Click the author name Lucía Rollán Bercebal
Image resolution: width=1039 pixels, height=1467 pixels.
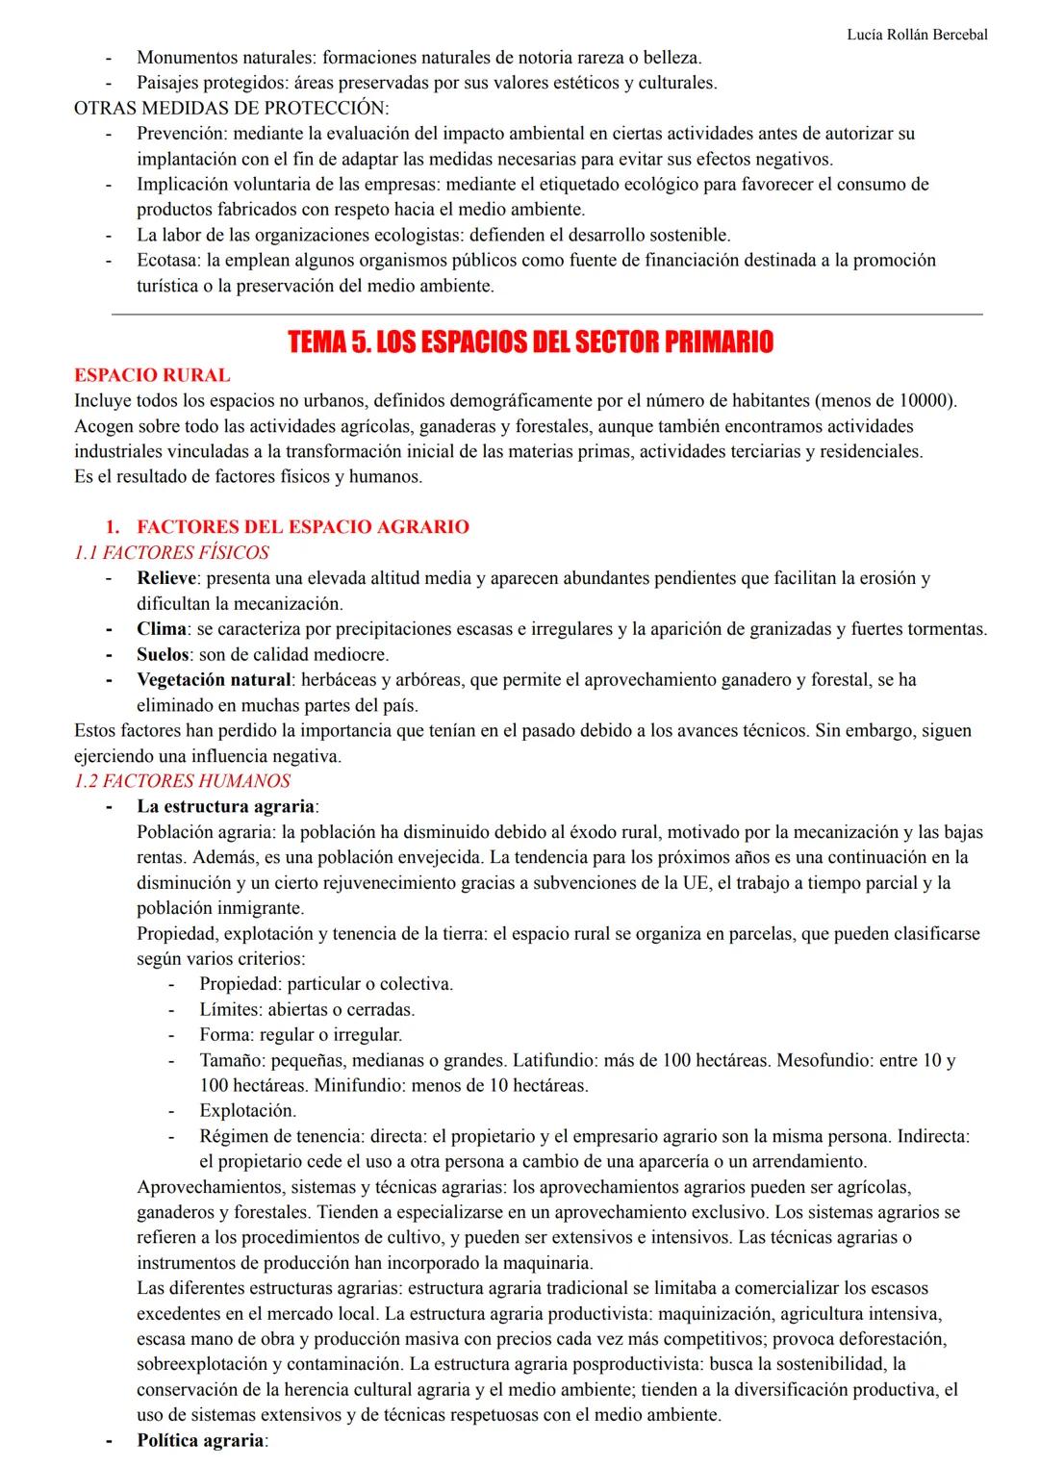[x=916, y=35]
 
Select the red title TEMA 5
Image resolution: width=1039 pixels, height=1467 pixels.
[x=530, y=342]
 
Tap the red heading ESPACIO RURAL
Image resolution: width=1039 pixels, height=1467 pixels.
[x=152, y=375]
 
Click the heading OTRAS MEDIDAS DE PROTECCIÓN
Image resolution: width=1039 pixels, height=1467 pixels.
[x=231, y=108]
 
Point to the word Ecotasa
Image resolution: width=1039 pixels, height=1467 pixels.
[x=168, y=260]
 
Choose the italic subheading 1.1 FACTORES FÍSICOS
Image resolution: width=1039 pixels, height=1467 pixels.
[x=171, y=552]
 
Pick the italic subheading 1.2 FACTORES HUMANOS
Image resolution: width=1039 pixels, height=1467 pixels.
[x=182, y=781]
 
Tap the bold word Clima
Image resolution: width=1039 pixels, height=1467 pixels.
[x=161, y=629]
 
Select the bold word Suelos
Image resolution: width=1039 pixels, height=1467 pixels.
[x=163, y=654]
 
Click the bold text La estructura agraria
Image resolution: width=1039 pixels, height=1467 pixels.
[x=225, y=806]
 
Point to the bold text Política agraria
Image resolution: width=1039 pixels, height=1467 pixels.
[x=200, y=1440]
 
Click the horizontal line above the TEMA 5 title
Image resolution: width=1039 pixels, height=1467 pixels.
[x=546, y=314]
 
